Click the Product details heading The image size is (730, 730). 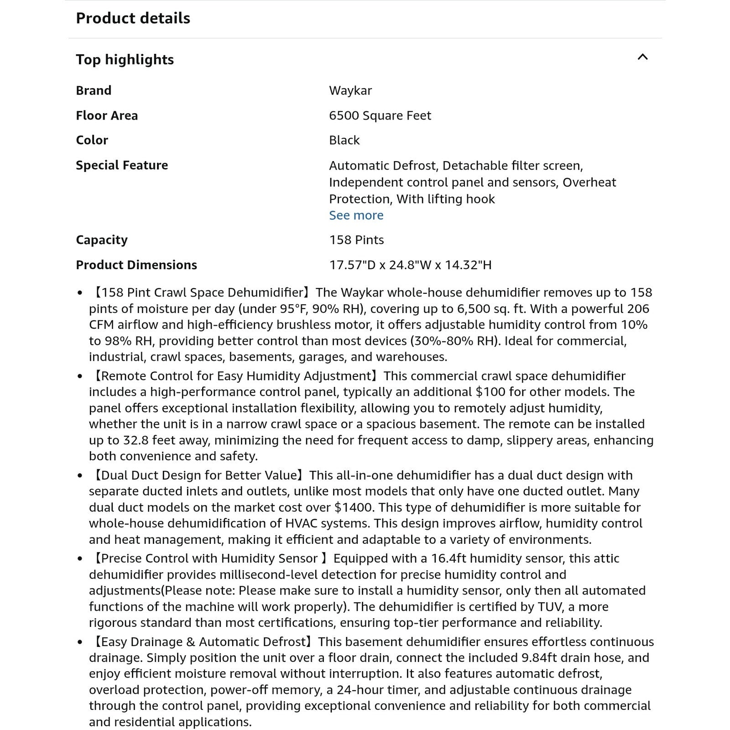coord(133,18)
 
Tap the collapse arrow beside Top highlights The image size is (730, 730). coord(642,57)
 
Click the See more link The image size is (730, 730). coord(356,215)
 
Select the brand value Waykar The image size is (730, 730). coord(350,90)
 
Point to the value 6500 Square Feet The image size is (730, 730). coord(380,115)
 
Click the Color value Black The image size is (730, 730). coord(344,140)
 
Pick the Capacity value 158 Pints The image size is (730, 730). coord(356,240)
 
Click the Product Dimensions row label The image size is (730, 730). coord(136,265)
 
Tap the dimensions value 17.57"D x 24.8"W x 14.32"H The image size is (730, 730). coord(410,265)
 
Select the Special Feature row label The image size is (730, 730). coord(121,165)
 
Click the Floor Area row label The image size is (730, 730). coord(106,115)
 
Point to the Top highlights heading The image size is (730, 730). coord(125,60)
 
